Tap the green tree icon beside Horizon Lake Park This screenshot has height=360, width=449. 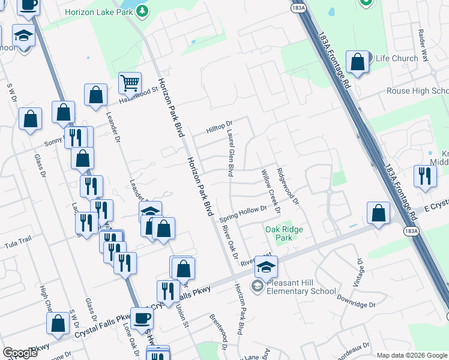[x=141, y=11]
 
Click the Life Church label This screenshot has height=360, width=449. [x=397, y=58]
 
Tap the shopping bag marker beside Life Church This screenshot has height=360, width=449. [x=358, y=62]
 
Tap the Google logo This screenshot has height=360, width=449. [x=20, y=353]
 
